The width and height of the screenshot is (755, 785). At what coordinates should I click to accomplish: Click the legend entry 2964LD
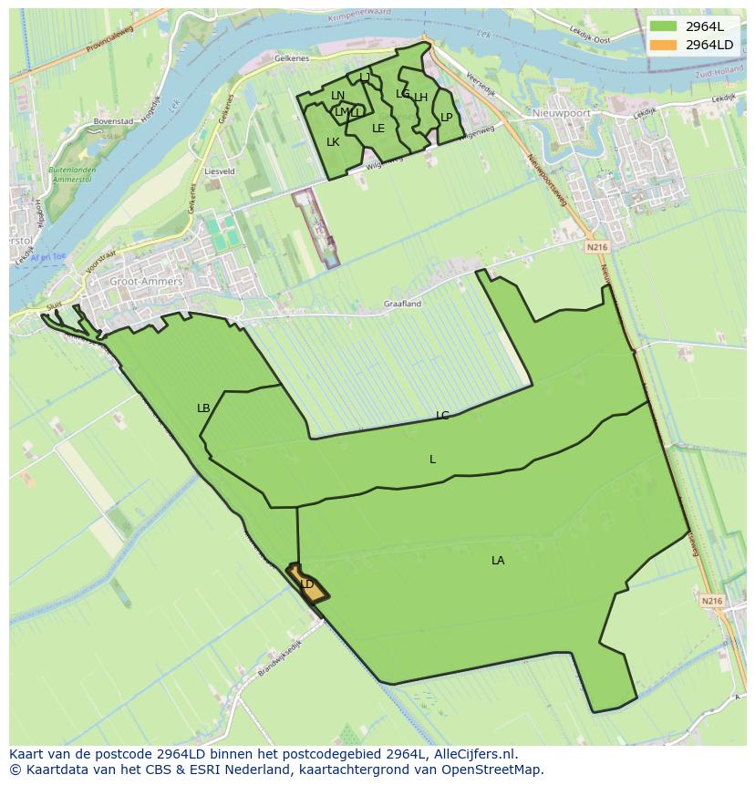click(x=708, y=44)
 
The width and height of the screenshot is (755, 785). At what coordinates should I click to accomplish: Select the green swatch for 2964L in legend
click(x=663, y=26)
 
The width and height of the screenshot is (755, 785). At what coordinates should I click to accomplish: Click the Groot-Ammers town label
click(x=146, y=282)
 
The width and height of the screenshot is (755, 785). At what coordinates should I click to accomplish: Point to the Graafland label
click(x=402, y=304)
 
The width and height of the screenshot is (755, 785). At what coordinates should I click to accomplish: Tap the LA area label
click(x=498, y=561)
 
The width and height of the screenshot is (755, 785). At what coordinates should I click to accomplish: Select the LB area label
click(x=203, y=408)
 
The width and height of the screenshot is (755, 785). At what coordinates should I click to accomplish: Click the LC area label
click(x=442, y=416)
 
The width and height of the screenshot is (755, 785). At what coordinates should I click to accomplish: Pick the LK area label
click(x=333, y=142)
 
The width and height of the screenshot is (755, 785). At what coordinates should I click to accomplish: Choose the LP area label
click(x=447, y=118)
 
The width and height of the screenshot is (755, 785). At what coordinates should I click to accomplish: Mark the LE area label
click(x=378, y=129)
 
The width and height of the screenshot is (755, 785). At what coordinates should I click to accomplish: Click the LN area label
click(x=337, y=96)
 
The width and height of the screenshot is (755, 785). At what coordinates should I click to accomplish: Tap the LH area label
click(x=420, y=98)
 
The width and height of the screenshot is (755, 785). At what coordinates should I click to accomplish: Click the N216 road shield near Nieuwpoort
click(x=597, y=247)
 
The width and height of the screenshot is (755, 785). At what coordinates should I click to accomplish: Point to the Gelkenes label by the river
click(x=292, y=57)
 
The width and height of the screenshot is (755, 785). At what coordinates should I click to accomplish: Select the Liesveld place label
click(x=220, y=170)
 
